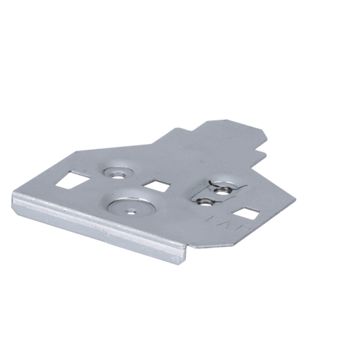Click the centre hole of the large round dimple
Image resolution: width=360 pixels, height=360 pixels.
pos(131,210)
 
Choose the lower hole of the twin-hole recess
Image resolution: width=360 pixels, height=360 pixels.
pos(206,199)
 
